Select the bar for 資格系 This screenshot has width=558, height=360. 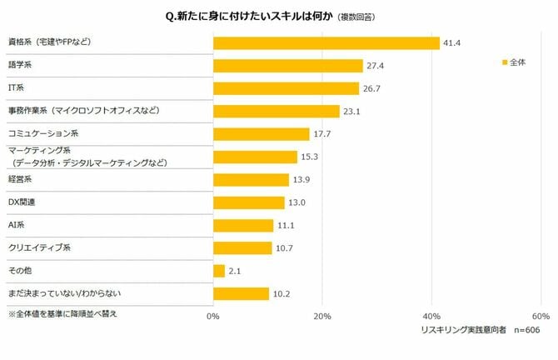pos(326,42)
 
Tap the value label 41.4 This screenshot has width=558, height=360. pos(452,42)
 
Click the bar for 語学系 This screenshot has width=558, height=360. pos(288,65)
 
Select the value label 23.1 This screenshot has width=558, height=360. pos(353,111)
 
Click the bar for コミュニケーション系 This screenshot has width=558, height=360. pos(262,133)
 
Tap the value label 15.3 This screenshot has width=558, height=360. pos(310,157)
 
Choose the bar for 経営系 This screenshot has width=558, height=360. pos(251,179)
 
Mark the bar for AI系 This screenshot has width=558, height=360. pos(243,225)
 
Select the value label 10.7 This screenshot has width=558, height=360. pos(285,248)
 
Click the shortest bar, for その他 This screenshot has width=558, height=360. pos(219,271)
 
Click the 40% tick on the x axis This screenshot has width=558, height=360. pos(431,317)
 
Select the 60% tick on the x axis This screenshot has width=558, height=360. pos(540,317)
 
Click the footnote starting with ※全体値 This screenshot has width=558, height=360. pos(62,315)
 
